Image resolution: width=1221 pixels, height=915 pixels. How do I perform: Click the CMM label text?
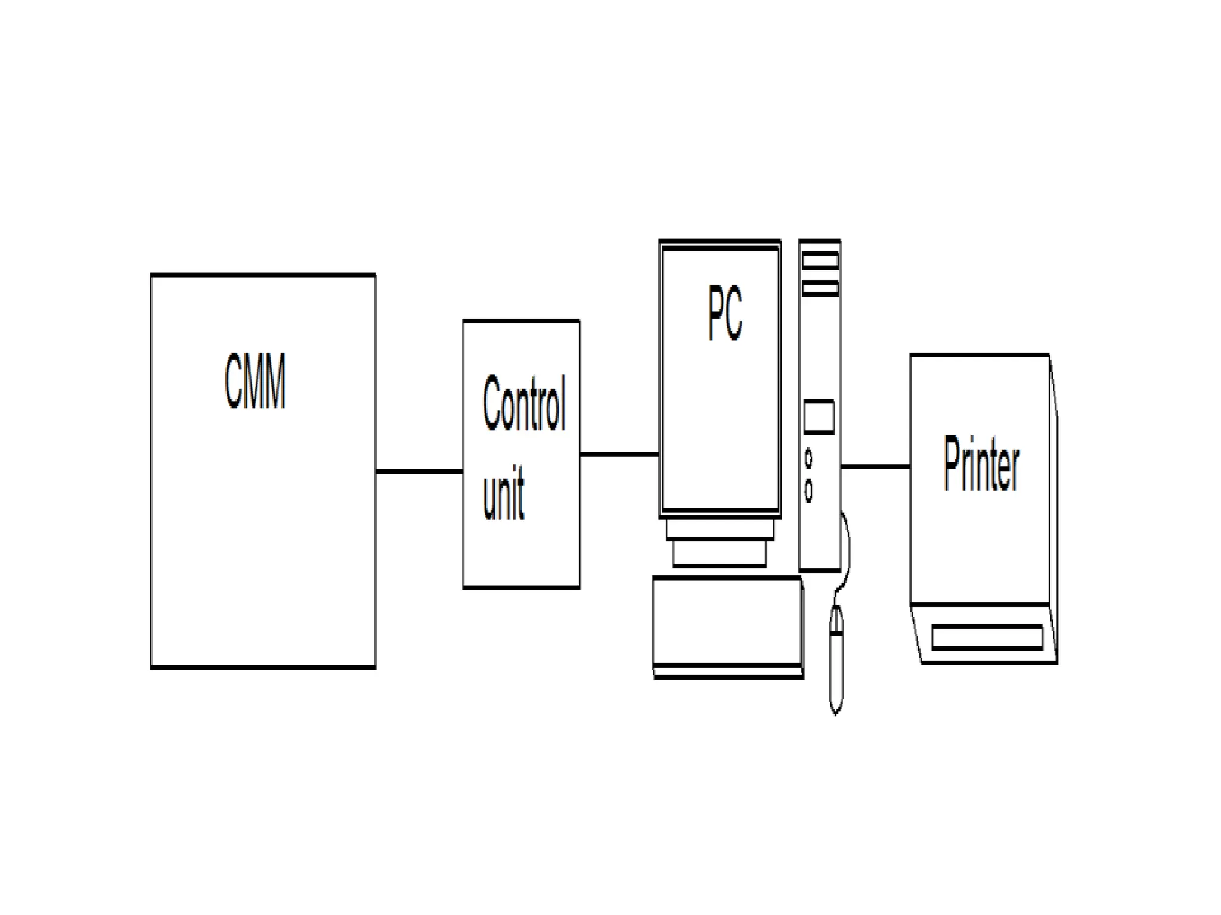click(x=255, y=381)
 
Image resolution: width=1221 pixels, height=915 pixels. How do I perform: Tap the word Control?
click(x=523, y=403)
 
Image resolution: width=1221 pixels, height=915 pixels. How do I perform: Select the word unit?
click(x=503, y=493)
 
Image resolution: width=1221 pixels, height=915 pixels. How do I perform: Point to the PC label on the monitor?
click(x=725, y=312)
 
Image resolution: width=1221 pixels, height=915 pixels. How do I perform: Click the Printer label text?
click(x=981, y=464)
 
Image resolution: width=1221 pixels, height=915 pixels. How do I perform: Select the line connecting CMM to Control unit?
click(x=419, y=471)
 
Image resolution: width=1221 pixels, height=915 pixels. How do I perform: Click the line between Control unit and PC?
click(x=619, y=454)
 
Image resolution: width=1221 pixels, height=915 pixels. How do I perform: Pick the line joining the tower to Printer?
click(x=875, y=466)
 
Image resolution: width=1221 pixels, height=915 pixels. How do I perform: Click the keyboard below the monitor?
click(x=727, y=625)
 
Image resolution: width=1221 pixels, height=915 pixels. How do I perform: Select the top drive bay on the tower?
click(x=820, y=260)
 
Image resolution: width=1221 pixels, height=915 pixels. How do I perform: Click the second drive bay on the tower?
click(x=820, y=290)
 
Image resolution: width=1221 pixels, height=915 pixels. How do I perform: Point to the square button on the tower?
click(x=819, y=416)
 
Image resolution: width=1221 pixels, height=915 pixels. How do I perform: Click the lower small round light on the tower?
click(x=808, y=490)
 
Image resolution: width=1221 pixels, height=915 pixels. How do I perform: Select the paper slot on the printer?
click(x=987, y=637)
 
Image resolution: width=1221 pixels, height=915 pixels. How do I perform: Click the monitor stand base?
click(x=719, y=553)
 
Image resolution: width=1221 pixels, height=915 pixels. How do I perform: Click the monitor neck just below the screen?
click(x=720, y=528)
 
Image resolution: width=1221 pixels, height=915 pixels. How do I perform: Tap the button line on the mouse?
click(x=836, y=634)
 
